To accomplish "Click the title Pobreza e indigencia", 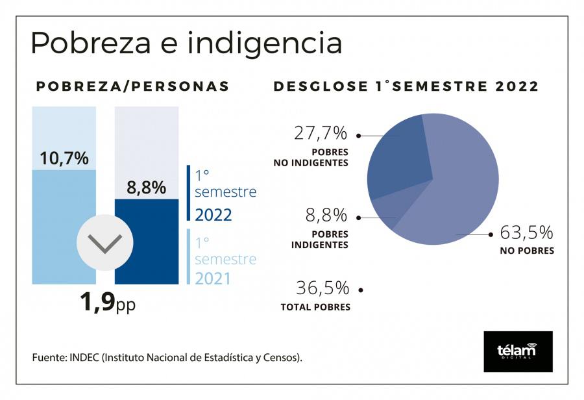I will click(186, 44).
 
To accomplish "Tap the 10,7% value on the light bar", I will click(64, 158).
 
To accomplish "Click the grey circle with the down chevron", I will click(104, 243).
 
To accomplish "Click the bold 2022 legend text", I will click(213, 215).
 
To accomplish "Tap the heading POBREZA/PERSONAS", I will click(132, 86).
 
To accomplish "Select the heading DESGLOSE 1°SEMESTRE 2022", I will click(406, 86).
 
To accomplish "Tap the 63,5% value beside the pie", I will click(526, 232).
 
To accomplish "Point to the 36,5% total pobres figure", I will click(322, 288).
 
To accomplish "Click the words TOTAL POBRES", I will click(315, 307).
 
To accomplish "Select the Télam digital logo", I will click(518, 351).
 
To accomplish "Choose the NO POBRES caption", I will click(526, 251).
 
